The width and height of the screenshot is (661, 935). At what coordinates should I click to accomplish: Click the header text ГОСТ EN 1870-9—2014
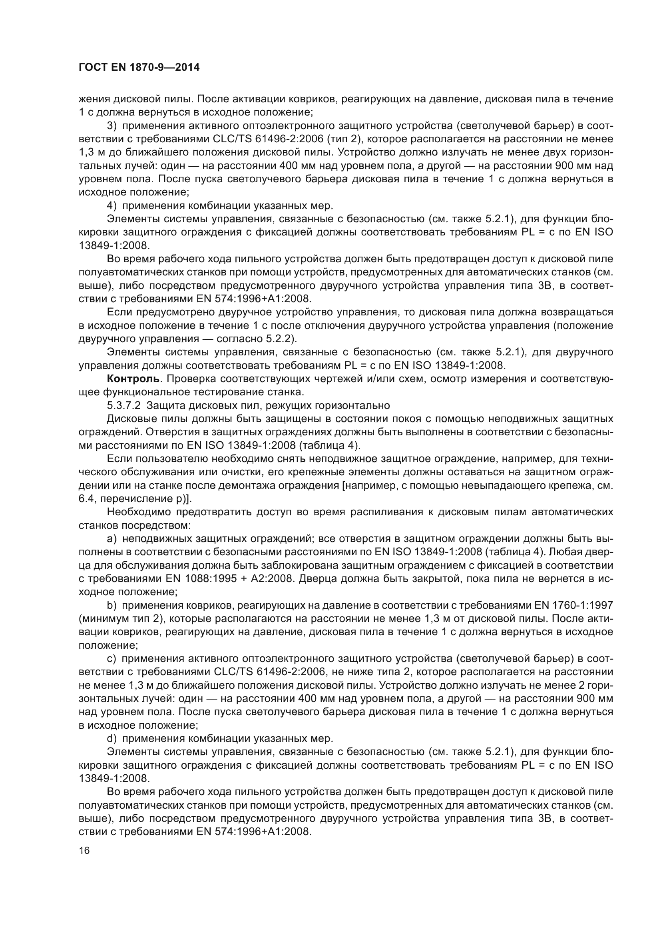click(x=139, y=68)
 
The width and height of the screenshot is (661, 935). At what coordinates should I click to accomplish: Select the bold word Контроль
click(x=133, y=379)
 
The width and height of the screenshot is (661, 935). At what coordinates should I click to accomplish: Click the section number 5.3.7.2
click(x=123, y=405)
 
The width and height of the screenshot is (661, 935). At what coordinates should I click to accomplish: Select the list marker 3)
click(x=112, y=126)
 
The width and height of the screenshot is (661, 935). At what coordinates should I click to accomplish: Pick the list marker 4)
click(x=112, y=205)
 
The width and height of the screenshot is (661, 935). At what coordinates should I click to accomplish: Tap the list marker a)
click(x=112, y=539)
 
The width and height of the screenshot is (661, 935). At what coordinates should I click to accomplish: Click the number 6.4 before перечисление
click(x=86, y=499)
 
